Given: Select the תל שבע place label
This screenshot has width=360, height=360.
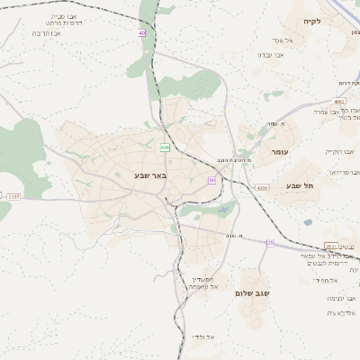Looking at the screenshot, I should point(300,185).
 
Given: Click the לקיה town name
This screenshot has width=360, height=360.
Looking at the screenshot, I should point(311,21).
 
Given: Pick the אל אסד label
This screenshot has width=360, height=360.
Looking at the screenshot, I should point(277,40).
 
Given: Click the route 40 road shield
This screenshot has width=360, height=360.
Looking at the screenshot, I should point(142,33).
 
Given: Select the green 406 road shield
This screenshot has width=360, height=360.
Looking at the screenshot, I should point(165,147).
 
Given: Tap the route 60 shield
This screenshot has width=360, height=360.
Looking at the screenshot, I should point(211,180).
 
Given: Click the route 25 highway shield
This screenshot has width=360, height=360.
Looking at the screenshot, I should point(270,242).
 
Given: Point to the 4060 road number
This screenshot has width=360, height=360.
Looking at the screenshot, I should point(261,187).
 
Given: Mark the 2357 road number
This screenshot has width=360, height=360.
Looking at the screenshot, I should point(13,196).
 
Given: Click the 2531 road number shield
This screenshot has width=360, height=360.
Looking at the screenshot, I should point(331,246).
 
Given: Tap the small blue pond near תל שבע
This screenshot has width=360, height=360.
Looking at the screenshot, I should point(308,221).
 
